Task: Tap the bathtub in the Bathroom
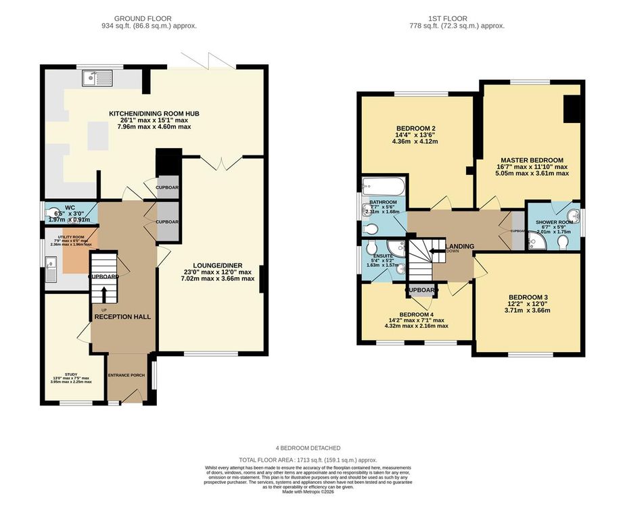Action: click(384, 186)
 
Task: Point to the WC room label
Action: click(70, 208)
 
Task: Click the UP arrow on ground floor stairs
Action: click(104, 296)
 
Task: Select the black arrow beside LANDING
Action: click(434, 246)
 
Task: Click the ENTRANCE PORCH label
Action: click(126, 375)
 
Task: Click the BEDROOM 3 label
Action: click(528, 297)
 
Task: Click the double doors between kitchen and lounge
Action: click(222, 162)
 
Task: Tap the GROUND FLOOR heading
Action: click(143, 18)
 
